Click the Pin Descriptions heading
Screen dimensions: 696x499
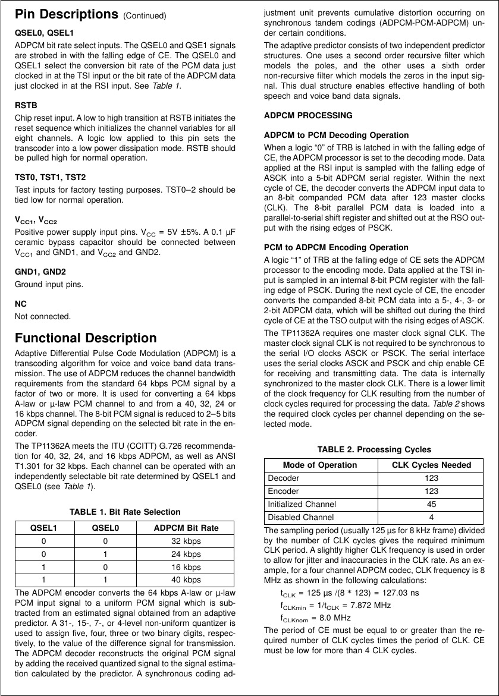(x=67, y=14)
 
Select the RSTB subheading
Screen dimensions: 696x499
(x=26, y=105)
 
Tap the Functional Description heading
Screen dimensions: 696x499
(x=86, y=338)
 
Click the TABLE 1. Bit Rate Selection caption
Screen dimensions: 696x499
(x=125, y=512)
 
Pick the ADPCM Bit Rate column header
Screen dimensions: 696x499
(x=186, y=528)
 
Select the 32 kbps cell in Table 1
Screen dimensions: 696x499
(x=186, y=541)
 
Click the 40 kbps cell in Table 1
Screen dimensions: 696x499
(x=186, y=580)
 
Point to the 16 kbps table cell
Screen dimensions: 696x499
(x=186, y=567)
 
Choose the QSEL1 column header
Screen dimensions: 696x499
(x=43, y=528)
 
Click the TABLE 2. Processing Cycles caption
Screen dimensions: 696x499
(x=374, y=449)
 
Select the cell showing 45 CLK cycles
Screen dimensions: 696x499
(x=432, y=504)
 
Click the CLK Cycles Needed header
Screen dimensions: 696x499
(x=432, y=465)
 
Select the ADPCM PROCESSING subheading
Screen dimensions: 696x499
(x=308, y=115)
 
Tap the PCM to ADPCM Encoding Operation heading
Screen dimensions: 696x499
(x=336, y=247)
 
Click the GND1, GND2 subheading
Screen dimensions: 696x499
(x=40, y=272)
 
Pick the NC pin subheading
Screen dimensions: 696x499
(x=20, y=304)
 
